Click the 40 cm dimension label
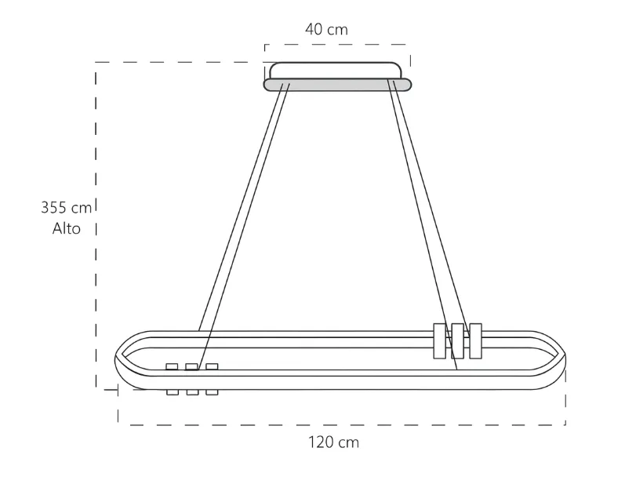tap(326, 30)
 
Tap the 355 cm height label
tap(66, 208)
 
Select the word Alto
tap(67, 229)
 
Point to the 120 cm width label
tap(333, 442)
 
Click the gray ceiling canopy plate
tap(337, 85)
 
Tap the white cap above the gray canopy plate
tap(337, 71)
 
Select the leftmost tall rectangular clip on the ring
tap(438, 340)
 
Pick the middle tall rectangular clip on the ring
tap(457, 340)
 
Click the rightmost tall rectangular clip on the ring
tap(475, 340)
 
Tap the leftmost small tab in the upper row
tap(172, 366)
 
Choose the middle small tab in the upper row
tap(191, 366)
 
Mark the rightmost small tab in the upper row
tap(211, 366)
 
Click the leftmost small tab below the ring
tap(172, 392)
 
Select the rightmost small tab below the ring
tap(211, 392)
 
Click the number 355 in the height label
tap(55, 208)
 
